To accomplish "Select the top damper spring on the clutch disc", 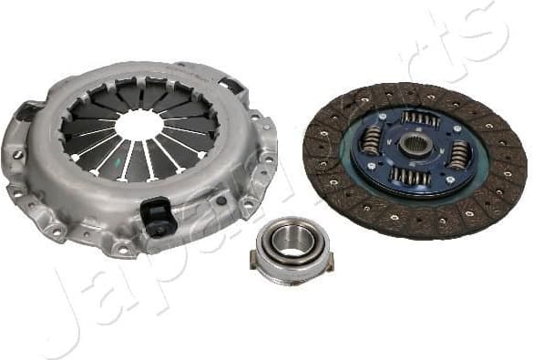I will pyautogui.click(x=420, y=118).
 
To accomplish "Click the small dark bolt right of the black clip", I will pyautogui.click(x=220, y=200).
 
